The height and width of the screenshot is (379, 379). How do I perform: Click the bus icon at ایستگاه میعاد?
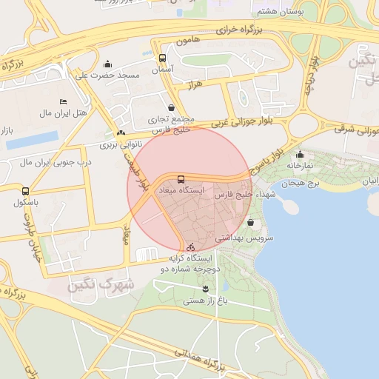181,179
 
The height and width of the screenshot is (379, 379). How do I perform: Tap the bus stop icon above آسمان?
163,58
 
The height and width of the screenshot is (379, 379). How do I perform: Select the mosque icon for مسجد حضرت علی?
108,64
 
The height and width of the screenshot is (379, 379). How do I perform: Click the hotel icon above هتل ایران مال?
63,101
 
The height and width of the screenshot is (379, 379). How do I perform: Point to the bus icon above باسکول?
26,191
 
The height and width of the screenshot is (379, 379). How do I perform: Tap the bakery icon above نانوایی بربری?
120,133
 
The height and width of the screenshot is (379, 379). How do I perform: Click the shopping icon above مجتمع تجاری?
172,107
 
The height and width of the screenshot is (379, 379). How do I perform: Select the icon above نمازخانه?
300,154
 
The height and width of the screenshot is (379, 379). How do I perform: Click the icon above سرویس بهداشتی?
250,222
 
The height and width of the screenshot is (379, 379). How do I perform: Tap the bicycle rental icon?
192,246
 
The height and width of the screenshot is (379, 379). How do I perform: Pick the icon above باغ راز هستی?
205,288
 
